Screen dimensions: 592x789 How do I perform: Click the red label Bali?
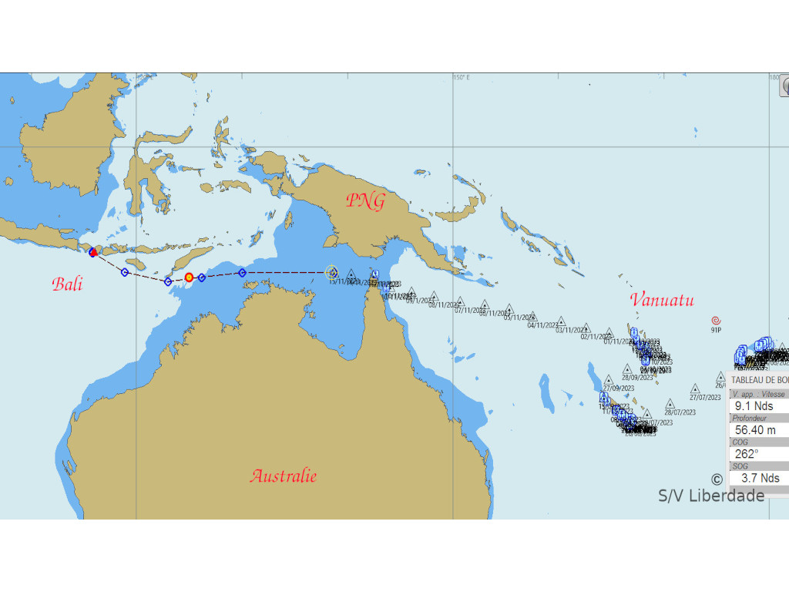67,284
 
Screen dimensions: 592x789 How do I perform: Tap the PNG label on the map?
364,201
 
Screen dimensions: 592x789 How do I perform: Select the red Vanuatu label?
661,300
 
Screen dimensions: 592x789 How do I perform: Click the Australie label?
283,476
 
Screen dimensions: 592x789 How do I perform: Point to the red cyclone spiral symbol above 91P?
716,320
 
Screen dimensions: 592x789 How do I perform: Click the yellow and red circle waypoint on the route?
189,277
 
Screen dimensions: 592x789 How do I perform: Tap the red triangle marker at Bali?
92,252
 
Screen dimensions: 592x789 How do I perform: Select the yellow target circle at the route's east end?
331,271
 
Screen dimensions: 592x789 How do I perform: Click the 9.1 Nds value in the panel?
754,406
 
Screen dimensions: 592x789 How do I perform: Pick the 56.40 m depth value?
755,430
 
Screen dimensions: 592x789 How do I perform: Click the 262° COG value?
747,454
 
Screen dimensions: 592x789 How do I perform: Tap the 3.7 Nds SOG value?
760,478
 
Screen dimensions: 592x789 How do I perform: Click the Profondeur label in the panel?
749,418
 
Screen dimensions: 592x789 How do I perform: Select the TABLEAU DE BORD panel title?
759,380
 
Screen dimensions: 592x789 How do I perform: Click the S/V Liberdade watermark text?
711,496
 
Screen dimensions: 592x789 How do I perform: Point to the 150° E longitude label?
461,77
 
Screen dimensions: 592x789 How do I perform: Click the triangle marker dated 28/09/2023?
626,368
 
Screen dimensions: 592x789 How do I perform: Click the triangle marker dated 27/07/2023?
696,388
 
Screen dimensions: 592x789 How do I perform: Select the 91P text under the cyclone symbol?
716,330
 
